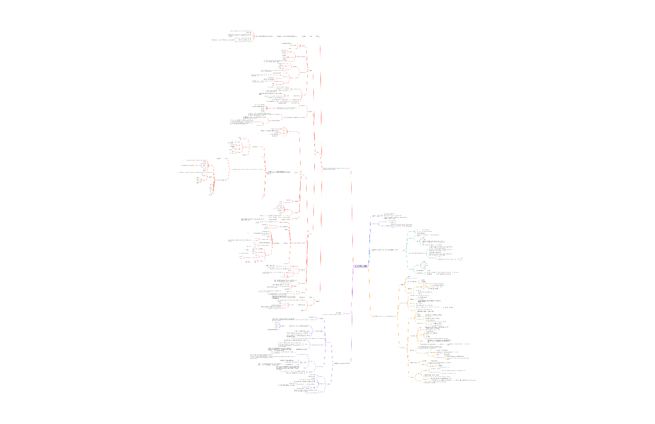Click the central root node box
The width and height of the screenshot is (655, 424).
coord(360,266)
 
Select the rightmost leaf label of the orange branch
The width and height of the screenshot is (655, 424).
coord(465,380)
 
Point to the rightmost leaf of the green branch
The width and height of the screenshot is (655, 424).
coord(461,258)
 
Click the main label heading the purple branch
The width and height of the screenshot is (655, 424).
coord(342,363)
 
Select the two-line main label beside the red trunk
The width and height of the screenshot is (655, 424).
coord(336,169)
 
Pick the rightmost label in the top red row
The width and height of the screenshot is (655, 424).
coord(317,36)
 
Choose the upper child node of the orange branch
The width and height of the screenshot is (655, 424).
coord(402,285)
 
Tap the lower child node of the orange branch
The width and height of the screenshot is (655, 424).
coord(403,348)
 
